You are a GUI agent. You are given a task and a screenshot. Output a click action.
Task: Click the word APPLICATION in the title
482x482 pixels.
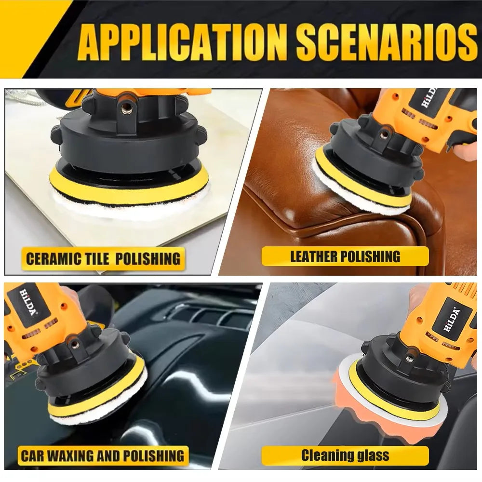click(x=183, y=44)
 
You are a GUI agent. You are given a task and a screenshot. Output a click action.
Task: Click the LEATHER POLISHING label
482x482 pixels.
click(x=345, y=256)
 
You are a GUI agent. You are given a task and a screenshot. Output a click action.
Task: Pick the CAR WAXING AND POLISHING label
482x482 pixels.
click(x=102, y=455)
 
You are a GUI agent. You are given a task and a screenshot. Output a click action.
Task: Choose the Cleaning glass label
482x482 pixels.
click(x=345, y=455)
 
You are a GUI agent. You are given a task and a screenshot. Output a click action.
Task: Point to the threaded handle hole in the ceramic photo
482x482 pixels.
click(x=129, y=102)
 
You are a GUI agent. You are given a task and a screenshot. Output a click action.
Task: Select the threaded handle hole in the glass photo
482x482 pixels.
click(x=409, y=358)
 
